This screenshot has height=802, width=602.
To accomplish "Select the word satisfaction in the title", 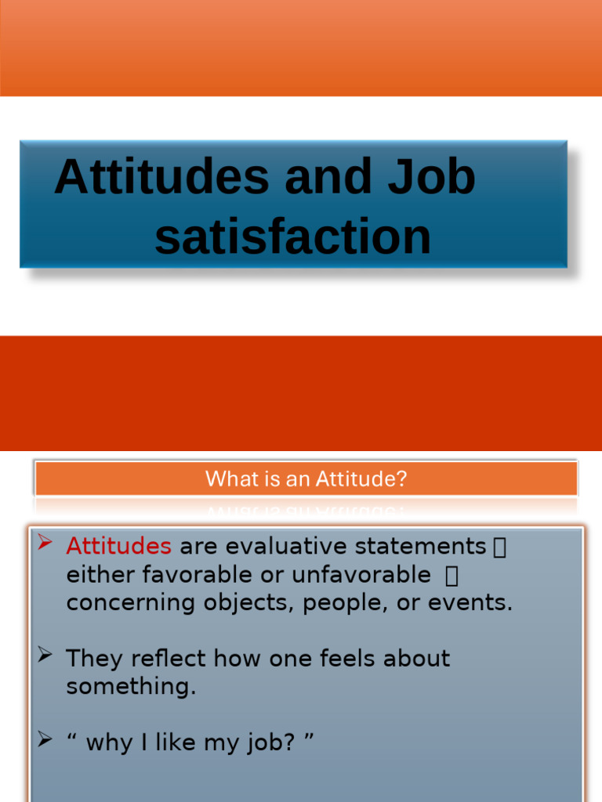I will (x=292, y=237).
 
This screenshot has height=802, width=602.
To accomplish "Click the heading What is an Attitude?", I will (x=306, y=479).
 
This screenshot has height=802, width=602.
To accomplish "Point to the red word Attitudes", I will (x=118, y=546).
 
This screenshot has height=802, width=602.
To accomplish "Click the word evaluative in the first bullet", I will (x=274, y=546).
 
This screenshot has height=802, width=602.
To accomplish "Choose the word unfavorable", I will (x=361, y=575).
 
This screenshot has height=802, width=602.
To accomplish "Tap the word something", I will (x=131, y=687).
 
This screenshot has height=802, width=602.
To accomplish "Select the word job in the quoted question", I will (x=263, y=742).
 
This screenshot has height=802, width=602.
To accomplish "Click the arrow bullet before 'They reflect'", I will (x=45, y=655).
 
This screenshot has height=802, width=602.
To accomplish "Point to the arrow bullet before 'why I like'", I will (x=45, y=738).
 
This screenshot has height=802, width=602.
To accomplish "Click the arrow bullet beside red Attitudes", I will (x=45, y=542).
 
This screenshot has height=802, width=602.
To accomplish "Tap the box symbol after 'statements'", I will (x=499, y=547).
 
